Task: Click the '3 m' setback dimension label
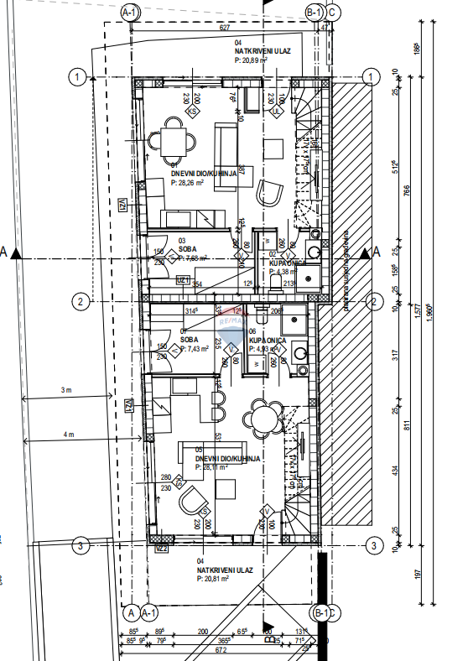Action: pos(67,391)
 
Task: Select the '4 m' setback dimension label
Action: pos(67,435)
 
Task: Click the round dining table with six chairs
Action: pos(263,417)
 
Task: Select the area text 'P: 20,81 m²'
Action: pos(218,579)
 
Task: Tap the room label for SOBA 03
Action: pos(187,249)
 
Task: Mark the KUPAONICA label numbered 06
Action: pos(268,340)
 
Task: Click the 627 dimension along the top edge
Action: pos(224,28)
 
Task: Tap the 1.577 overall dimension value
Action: pos(417,315)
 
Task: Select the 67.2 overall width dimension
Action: pos(221,649)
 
